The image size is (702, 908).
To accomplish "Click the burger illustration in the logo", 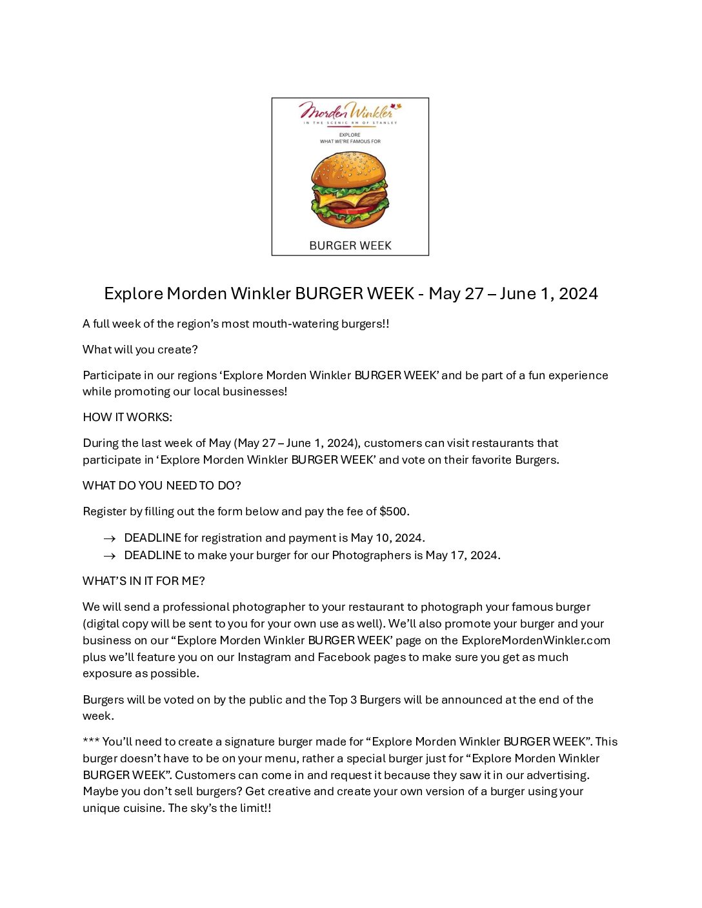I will coord(350,190).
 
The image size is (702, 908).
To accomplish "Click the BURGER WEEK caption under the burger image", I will coord(350,246).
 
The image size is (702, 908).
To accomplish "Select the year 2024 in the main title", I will coord(578,294).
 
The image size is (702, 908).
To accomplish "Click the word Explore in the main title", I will coord(134,294).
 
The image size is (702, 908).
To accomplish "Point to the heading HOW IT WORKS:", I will coord(127,417).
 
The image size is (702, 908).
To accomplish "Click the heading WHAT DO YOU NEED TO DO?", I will coord(161,486).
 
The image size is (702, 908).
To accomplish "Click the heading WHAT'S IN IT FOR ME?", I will coord(143,581).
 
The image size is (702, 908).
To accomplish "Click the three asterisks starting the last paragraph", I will coord(90,742).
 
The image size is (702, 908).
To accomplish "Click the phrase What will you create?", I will coord(140,350).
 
